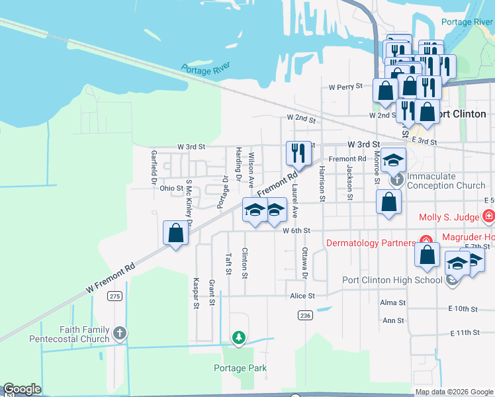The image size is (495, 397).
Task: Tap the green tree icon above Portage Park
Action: pyautogui.click(x=238, y=338)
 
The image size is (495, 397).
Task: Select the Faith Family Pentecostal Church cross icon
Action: pyautogui.click(x=119, y=332)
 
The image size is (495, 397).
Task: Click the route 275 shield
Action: pyautogui.click(x=115, y=296)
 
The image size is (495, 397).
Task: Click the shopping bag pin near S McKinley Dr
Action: pyautogui.click(x=175, y=233)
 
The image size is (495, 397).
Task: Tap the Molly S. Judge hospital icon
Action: pyautogui.click(x=488, y=216)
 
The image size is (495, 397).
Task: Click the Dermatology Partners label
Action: pyautogui.click(x=371, y=243)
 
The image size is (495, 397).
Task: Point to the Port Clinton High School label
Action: pyautogui.click(x=392, y=279)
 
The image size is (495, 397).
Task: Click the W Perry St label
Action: pyautogui.click(x=345, y=87)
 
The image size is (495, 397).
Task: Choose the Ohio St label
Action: pyautogui.click(x=171, y=189)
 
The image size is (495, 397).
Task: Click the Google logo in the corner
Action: pyautogui.click(x=22, y=389)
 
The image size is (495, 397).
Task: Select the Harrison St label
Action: pyautogui.click(x=321, y=183)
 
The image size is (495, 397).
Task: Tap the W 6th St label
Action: pyautogui.click(x=296, y=231)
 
